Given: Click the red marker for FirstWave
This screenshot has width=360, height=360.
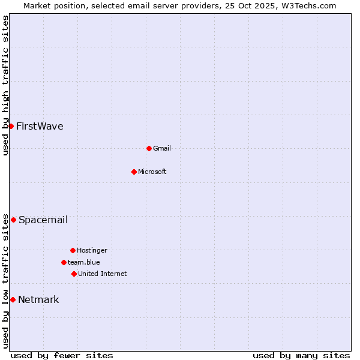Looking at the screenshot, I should pos(11,126).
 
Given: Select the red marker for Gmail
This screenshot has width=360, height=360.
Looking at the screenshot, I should pos(149,148).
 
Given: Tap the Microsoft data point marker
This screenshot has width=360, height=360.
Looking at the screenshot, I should pos(134,172).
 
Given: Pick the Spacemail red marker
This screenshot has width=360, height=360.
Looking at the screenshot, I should pos(13,220).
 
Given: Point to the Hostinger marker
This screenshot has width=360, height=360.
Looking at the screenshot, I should pos(73,250).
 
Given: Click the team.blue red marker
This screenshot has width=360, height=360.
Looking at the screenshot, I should pos(64,262).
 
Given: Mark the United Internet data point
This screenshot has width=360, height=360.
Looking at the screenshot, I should pos(74,274).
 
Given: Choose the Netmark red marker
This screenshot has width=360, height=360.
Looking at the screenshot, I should pos(13,299).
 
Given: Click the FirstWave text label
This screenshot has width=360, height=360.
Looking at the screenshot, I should pos(40,126).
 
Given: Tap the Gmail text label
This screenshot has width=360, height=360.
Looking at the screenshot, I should pos(162,148).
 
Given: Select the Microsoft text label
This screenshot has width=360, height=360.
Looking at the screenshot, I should pos(152,172).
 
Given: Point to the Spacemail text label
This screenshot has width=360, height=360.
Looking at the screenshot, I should pos(43,220).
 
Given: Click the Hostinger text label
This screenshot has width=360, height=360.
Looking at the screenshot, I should pos(92,250).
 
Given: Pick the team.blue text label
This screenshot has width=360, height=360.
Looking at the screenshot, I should pos(84,262).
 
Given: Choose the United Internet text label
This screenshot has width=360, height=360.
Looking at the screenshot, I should pos(103,274).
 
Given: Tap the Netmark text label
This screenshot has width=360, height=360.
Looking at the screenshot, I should pos(38,299).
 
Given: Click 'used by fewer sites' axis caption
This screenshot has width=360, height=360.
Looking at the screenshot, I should pos(62,355).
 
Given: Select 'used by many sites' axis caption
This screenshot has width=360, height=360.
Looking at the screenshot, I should pos(301,355).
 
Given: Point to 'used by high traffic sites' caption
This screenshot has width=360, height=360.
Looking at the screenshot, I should pos(5,85).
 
